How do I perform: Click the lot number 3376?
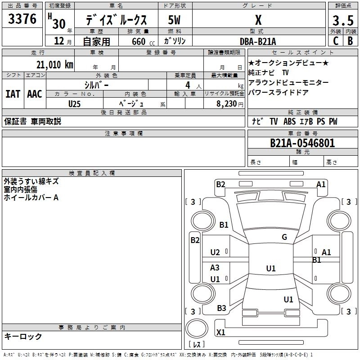click(22, 19)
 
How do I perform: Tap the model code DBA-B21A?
click(258, 41)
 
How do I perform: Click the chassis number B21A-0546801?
click(302, 144)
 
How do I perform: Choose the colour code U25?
click(75, 103)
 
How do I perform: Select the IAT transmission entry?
click(13, 94)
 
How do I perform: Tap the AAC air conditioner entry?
click(35, 94)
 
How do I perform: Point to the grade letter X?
click(258, 20)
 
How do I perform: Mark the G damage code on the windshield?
click(284, 237)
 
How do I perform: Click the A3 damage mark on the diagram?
click(215, 268)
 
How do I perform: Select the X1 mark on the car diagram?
click(220, 333)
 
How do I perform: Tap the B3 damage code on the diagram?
click(221, 308)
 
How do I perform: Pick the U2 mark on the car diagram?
click(215, 252)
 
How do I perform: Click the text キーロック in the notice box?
click(23, 336)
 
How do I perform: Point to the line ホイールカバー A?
click(31, 198)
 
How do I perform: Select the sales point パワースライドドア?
click(278, 92)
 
